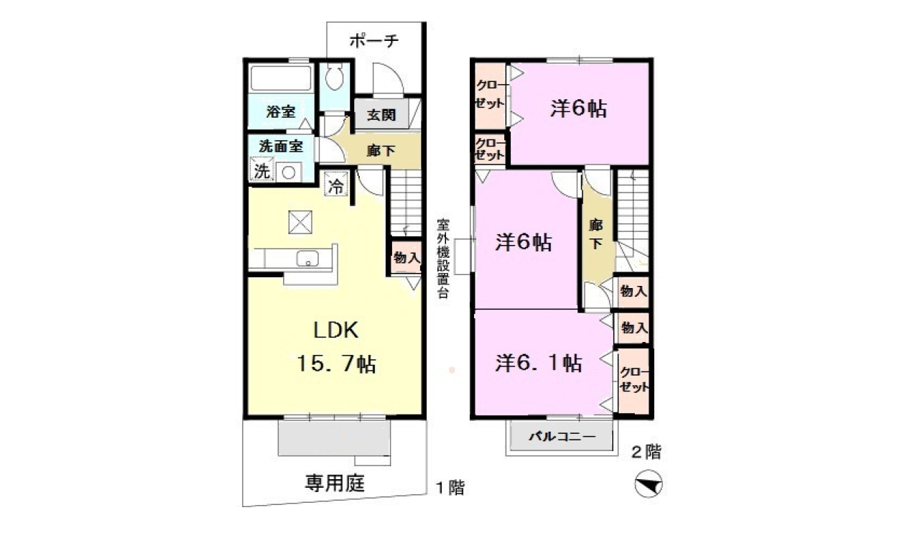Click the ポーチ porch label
pos(373,40)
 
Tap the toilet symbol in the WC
pos(334,78)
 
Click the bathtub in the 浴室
pos(282,78)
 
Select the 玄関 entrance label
pos(381,115)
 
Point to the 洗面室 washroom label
pos(281,146)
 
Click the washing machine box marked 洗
pos(261,170)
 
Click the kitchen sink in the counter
pos(308,259)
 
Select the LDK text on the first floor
pos(335,330)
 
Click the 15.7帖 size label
pos(336,363)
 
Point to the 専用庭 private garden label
pos(335,483)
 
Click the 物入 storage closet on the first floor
pos(407,257)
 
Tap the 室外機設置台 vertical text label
pos(443,259)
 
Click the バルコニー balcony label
pos(562,437)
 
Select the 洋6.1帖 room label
pos(539,363)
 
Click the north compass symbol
pos(648,483)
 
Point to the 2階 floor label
pos(646,452)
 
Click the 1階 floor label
pos(450,487)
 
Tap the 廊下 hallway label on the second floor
pos(595,234)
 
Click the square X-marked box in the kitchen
pos(300,222)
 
